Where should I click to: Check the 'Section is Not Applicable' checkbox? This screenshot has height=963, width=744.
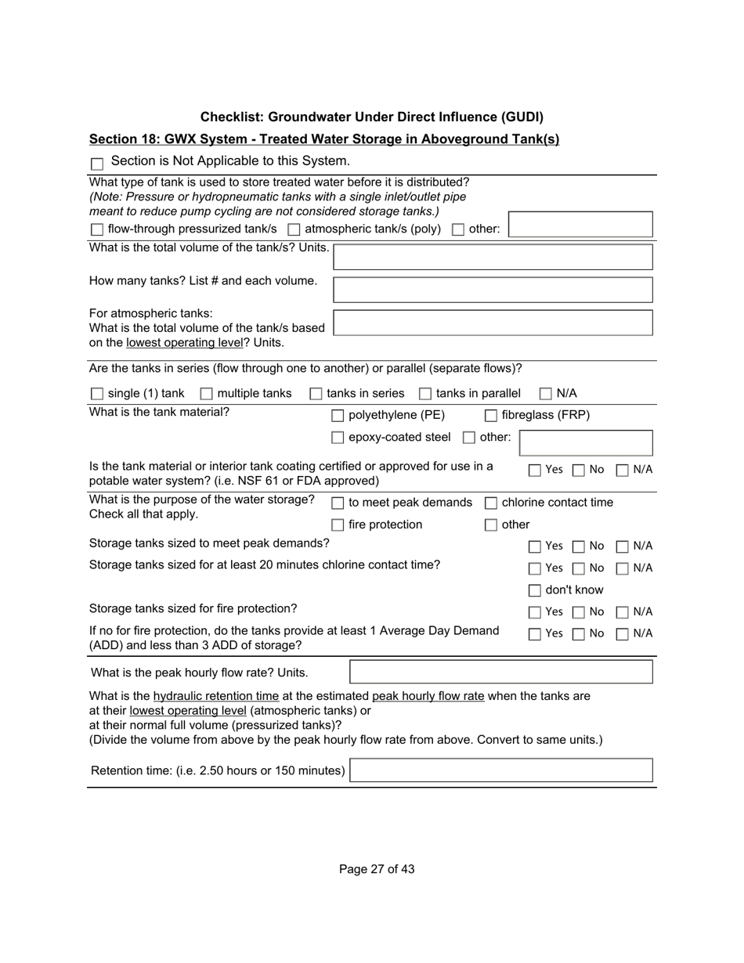97,164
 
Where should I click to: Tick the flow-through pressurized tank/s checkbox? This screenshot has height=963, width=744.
97,229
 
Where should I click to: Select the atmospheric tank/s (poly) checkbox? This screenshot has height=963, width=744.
294,229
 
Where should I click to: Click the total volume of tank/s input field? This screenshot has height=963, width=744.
493,257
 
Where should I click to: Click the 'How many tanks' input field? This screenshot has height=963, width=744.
493,290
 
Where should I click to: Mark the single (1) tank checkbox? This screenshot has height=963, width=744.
97,394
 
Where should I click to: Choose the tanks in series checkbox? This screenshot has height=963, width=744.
316,394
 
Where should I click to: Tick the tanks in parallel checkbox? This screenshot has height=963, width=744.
425,394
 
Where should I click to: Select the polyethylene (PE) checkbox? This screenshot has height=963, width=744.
338,416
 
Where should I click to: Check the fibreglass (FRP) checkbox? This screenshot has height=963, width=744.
491,416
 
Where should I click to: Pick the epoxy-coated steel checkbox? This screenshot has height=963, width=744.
338,438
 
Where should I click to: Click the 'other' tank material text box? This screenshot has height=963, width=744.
586,442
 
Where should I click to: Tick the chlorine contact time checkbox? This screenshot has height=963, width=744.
491,503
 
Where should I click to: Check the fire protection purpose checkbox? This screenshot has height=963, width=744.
338,525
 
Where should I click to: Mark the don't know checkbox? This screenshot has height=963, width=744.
535,590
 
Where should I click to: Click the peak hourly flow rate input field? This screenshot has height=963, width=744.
500,672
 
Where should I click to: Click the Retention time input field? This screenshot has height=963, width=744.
500,770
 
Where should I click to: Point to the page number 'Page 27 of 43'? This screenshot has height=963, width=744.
377,869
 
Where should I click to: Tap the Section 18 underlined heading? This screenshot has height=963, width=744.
324,139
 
